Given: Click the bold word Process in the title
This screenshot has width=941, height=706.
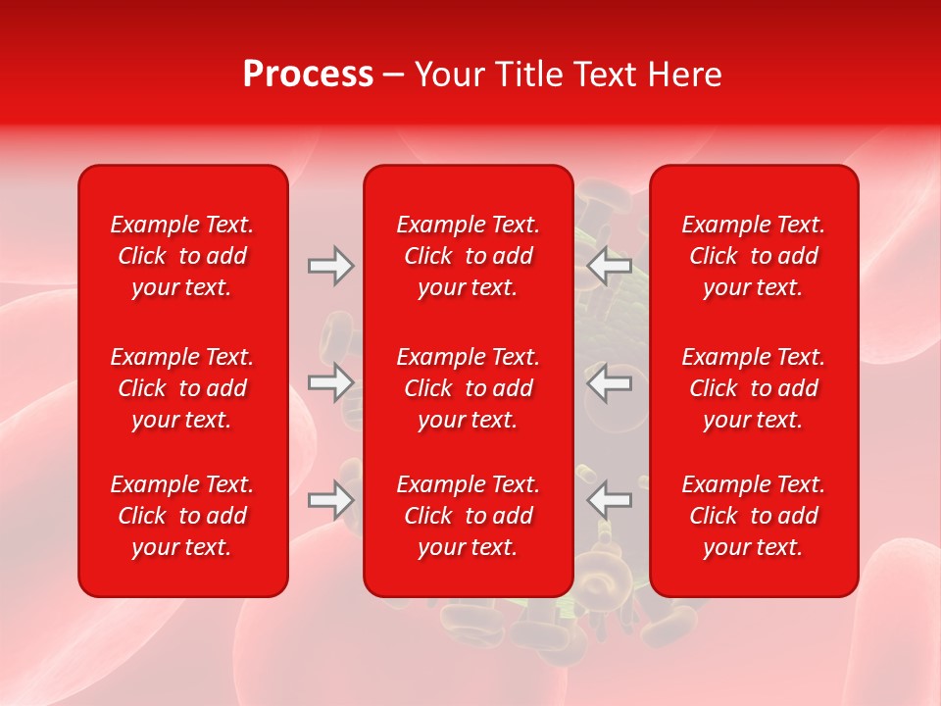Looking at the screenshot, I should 308,75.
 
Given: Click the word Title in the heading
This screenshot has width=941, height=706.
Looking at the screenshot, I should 525,75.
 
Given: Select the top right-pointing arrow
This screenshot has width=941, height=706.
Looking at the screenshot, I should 330,266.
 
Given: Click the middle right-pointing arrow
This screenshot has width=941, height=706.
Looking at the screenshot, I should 330,382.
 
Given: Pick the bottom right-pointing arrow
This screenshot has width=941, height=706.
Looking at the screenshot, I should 330,500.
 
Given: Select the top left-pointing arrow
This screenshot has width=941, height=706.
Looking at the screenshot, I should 610,266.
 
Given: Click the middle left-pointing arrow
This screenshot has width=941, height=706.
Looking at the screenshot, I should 610,382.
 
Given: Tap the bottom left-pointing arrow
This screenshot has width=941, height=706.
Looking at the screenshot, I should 610,500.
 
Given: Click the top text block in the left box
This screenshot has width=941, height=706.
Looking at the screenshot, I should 182,256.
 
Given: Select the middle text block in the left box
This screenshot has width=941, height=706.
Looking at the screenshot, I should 182,388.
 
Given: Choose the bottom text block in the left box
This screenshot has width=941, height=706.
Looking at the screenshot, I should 182,516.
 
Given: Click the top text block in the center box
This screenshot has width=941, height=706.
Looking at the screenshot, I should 469,256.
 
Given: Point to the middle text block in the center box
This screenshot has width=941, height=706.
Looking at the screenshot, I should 469,388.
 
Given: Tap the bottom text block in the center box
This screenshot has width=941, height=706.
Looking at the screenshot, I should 469,516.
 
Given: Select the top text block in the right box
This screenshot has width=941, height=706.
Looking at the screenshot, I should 754,256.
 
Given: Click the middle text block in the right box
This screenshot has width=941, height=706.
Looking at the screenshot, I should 754,388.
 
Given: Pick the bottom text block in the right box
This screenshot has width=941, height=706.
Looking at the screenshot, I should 754,516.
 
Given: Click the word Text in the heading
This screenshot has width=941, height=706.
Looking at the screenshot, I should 604,75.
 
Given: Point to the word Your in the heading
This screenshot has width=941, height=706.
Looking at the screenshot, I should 450,75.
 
